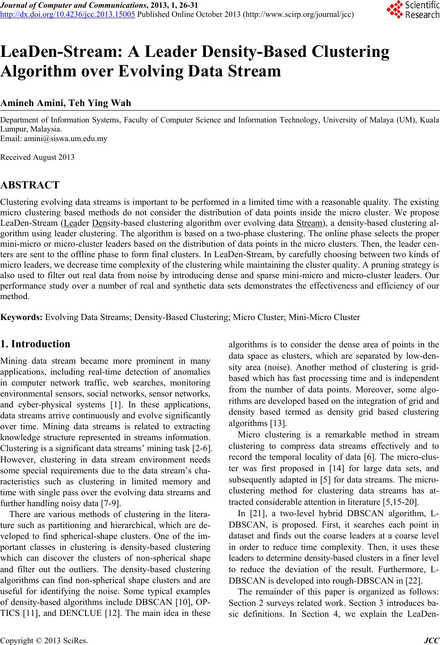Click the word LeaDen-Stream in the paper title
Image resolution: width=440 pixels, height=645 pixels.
pyautogui.click(x=59, y=53)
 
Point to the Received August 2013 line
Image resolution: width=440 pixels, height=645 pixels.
pyautogui.click(x=38, y=157)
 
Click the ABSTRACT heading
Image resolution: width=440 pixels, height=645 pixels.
pyautogui.click(x=30, y=185)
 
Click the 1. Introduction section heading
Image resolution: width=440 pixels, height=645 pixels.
pyautogui.click(x=36, y=344)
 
